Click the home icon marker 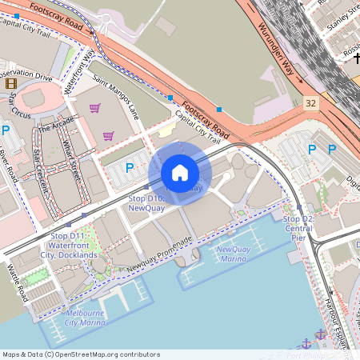point(180,173)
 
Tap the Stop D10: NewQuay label point(146,202)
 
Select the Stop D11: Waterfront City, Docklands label point(74,246)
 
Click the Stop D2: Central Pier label point(298,228)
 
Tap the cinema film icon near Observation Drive point(10,82)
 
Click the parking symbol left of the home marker point(130,167)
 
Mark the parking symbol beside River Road point(6,130)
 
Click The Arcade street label point(55,125)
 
